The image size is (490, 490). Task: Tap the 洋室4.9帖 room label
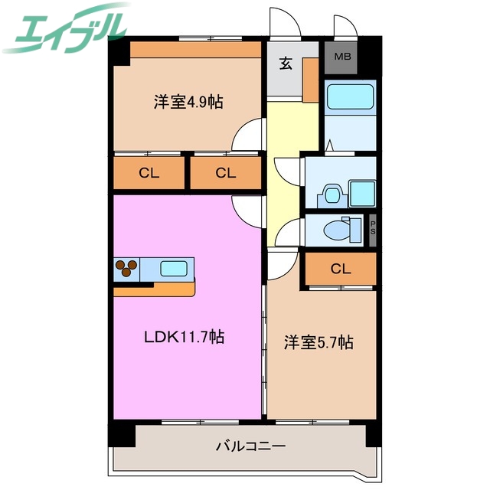[188, 102]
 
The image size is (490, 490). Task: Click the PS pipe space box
[373, 229]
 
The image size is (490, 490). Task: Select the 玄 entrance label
[286, 64]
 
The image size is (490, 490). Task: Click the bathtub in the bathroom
[348, 97]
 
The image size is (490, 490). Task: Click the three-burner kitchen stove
[127, 269]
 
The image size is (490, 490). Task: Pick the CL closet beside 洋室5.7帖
[340, 269]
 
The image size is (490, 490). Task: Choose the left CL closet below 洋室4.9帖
[149, 173]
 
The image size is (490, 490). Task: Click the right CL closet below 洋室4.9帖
[224, 173]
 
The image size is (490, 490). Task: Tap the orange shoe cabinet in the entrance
[310, 80]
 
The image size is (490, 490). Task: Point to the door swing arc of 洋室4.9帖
[247, 136]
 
